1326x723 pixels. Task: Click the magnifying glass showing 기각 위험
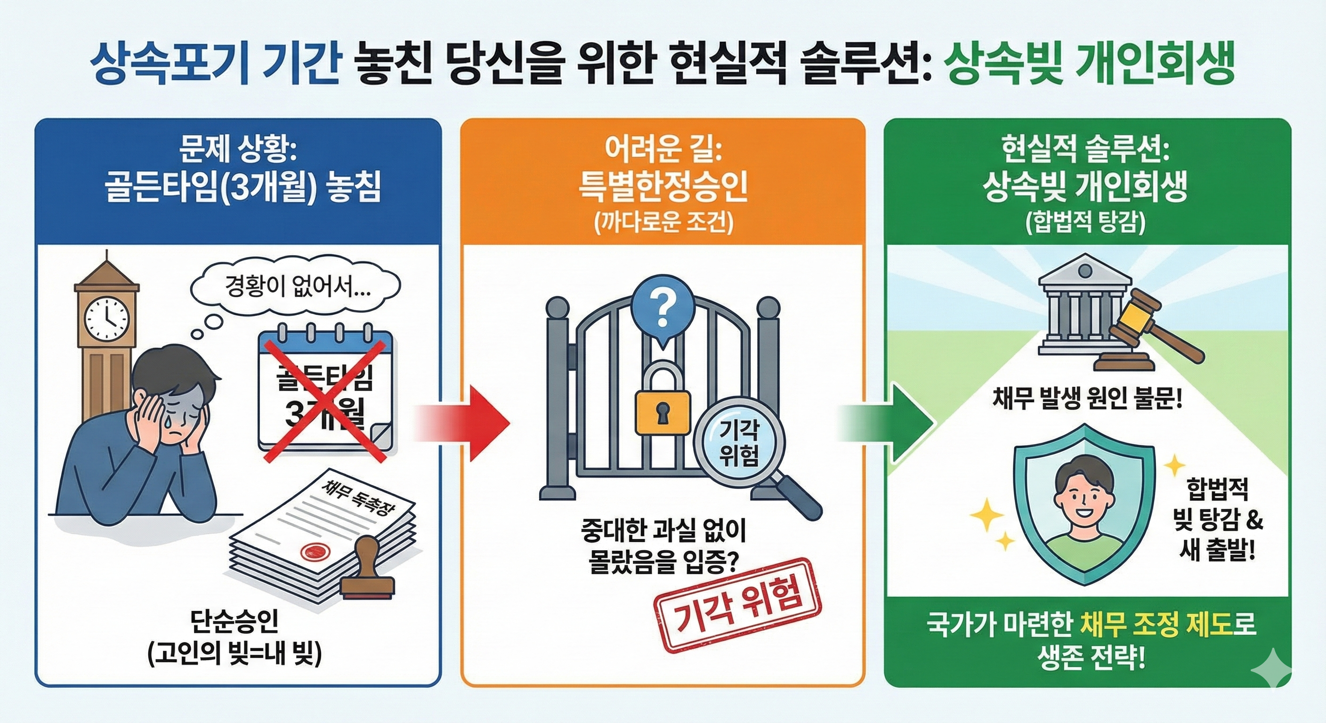(x=739, y=445)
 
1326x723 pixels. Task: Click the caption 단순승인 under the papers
(x=234, y=622)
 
